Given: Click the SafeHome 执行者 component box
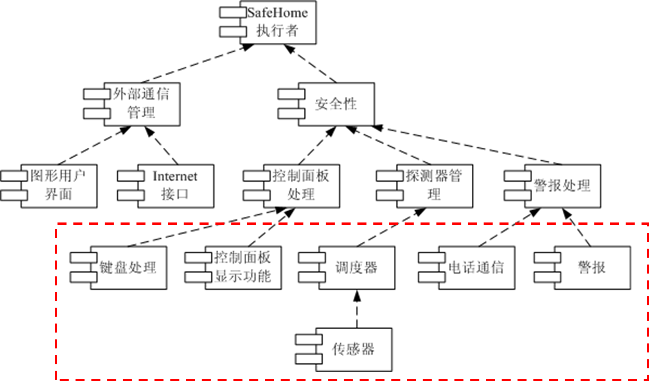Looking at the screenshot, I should pos(277,23).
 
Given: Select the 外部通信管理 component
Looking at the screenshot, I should pos(142,104).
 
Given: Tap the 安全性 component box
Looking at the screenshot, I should pos(336,104).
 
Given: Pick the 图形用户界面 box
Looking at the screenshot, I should pos(59,186).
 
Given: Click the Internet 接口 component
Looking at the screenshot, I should pos(175,186).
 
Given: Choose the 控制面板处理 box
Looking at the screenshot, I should pos(301,186).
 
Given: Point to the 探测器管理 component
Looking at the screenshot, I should pos(434,186).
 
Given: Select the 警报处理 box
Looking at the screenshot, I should pos(562,186).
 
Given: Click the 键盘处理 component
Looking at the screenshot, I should pos(128,268).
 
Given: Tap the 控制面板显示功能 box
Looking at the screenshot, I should pos(243,268).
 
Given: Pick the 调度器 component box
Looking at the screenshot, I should pos(356,268).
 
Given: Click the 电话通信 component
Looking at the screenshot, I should pos(476,268).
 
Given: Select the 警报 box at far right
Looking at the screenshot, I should pos(592,268).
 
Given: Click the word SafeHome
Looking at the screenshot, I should pos(277,13).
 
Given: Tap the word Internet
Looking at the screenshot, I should pos(175,176).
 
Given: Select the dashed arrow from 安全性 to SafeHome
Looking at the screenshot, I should pos(311,63).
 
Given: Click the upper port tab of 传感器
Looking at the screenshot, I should pos(308,339).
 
